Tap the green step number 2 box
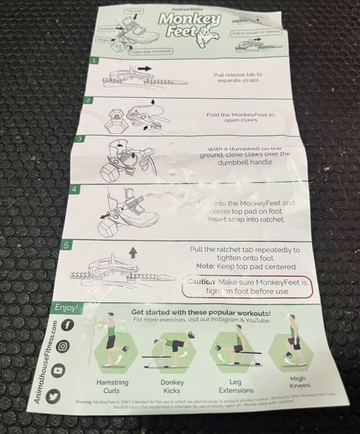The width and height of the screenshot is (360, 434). [x=88, y=100]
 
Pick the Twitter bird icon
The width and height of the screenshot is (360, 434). [x=55, y=395]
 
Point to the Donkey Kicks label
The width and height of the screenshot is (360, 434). [x=172, y=386]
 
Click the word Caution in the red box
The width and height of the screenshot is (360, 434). [x=201, y=281]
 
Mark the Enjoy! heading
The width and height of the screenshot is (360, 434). [x=66, y=308]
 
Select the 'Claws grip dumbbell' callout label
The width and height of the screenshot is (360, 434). [x=150, y=52]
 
